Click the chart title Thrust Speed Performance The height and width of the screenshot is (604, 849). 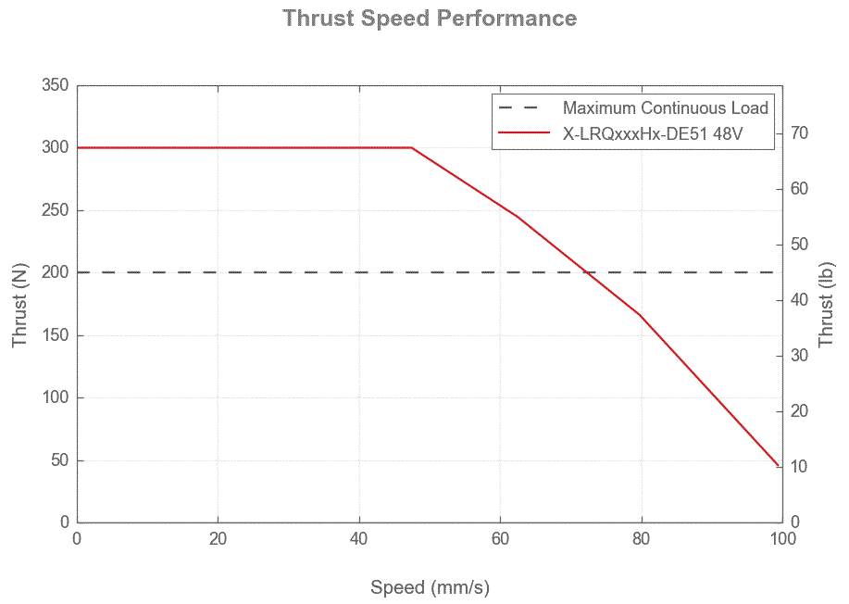click(x=430, y=19)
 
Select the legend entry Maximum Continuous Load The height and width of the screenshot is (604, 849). click(x=665, y=108)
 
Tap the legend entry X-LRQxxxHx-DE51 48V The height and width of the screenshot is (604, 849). click(x=654, y=134)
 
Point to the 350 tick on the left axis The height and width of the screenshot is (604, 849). click(x=56, y=85)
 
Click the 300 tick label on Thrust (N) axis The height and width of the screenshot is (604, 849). click(x=56, y=148)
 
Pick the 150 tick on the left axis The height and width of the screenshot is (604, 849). click(x=56, y=335)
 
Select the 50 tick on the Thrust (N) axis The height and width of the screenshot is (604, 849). click(x=59, y=460)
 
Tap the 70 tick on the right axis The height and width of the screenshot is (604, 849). click(x=800, y=133)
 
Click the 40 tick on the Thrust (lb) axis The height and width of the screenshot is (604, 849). click(x=800, y=300)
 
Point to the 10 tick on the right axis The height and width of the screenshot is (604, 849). click(x=800, y=467)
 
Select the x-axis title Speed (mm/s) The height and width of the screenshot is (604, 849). click(x=430, y=587)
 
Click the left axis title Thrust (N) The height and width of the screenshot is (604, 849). click(x=20, y=304)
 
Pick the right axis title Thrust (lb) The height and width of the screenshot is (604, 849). click(x=828, y=304)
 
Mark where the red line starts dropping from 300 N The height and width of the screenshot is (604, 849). click(x=412, y=147)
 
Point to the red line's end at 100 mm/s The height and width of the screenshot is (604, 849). click(x=780, y=466)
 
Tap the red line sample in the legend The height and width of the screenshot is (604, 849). click(x=525, y=134)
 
